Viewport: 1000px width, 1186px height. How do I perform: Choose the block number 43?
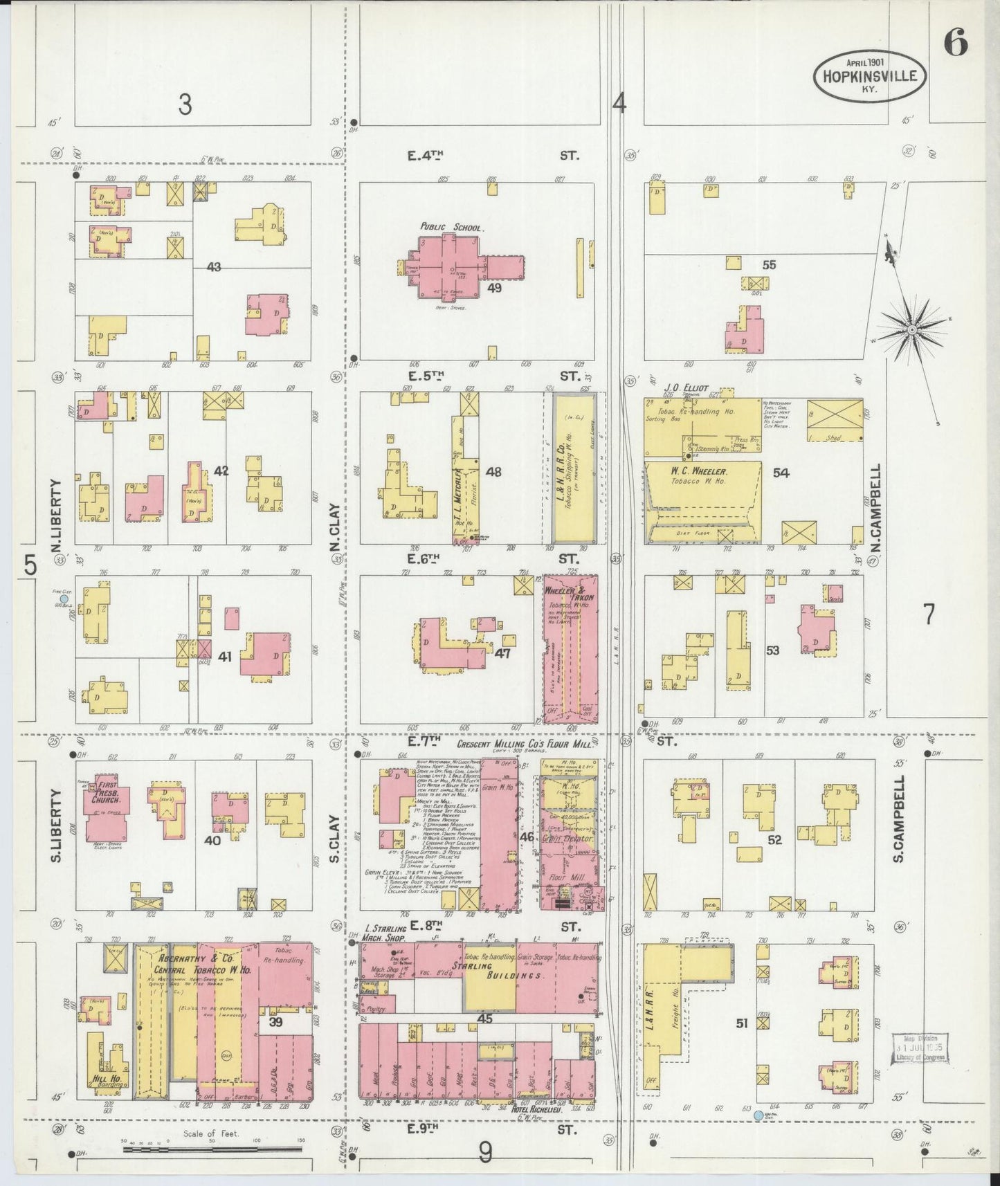[214, 266]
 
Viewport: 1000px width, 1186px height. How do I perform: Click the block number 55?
[769, 264]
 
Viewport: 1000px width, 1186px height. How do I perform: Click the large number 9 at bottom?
[486, 1152]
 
